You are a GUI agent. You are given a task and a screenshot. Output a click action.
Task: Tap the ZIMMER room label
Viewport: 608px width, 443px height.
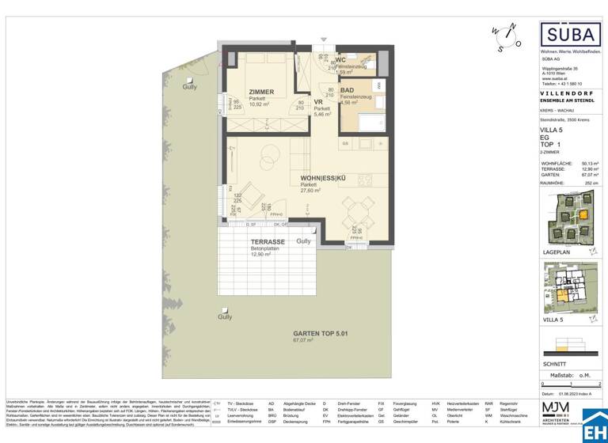point(261,92)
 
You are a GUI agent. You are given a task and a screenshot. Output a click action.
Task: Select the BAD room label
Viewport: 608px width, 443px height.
point(347,91)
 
